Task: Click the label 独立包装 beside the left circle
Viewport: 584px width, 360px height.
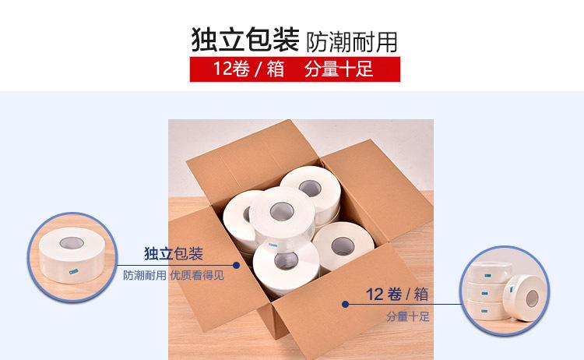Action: point(174,254)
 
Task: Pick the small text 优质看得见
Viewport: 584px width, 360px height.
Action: point(197,275)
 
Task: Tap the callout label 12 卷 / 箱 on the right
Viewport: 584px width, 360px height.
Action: point(397,295)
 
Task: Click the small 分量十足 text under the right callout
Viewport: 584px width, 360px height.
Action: point(408,318)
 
